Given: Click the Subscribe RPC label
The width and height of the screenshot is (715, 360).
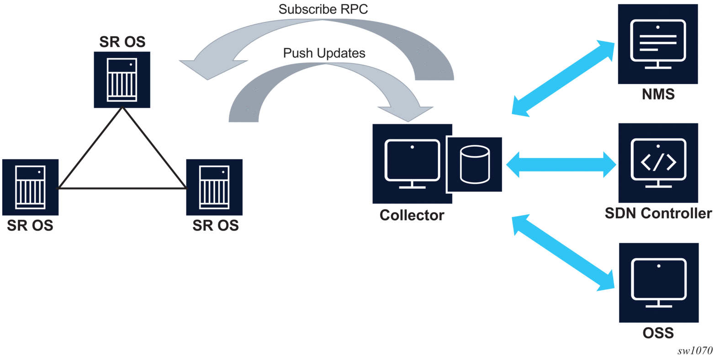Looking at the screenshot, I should click(323, 10).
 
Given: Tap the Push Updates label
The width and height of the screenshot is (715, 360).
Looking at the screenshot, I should click(324, 53).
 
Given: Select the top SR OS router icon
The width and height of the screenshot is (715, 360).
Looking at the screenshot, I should click(122, 79).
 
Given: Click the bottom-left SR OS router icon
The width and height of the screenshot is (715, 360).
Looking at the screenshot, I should click(30, 187).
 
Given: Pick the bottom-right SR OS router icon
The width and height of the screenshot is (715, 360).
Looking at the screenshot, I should click(214, 187).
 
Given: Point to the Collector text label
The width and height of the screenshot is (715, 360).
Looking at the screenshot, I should click(411, 215).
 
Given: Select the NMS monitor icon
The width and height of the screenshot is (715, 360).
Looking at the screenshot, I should click(657, 44).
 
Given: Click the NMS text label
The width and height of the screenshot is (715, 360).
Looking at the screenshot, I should click(658, 95).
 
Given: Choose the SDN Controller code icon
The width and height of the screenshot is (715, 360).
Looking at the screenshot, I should click(658, 163).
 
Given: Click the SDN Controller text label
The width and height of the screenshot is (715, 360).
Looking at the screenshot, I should click(658, 213).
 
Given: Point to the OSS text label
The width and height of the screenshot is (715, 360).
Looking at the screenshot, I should click(658, 333).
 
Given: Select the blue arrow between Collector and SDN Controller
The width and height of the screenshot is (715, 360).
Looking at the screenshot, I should click(561, 164).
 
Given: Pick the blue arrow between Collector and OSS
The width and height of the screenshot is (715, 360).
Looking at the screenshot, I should click(563, 253).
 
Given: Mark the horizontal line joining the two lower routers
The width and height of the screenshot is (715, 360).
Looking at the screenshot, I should click(122, 188).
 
